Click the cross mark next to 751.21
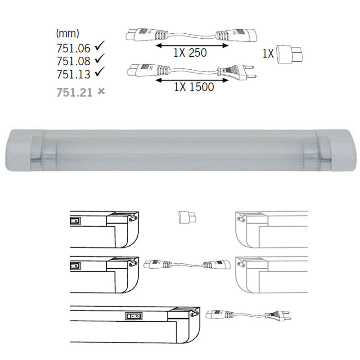coord(101,92)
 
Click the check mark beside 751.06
coord(100,45)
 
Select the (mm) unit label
coord(67,34)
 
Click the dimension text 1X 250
coord(189,53)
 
